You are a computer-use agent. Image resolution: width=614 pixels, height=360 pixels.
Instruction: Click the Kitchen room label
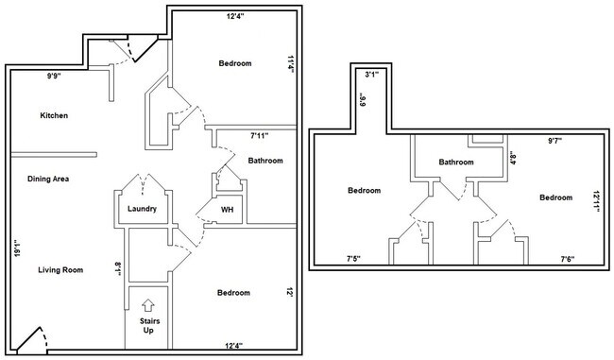[x=54, y=116]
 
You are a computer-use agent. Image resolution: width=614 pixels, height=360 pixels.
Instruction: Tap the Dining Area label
[x=48, y=179]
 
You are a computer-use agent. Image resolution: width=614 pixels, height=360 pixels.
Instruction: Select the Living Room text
[x=60, y=270]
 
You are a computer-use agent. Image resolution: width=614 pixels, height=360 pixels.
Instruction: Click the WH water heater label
[x=227, y=210]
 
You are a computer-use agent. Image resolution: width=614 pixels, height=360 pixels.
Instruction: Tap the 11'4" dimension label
[x=291, y=64]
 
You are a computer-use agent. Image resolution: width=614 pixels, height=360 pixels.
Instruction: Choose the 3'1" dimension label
[x=371, y=74]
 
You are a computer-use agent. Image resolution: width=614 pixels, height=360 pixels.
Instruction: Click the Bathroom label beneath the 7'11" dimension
[x=265, y=161]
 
